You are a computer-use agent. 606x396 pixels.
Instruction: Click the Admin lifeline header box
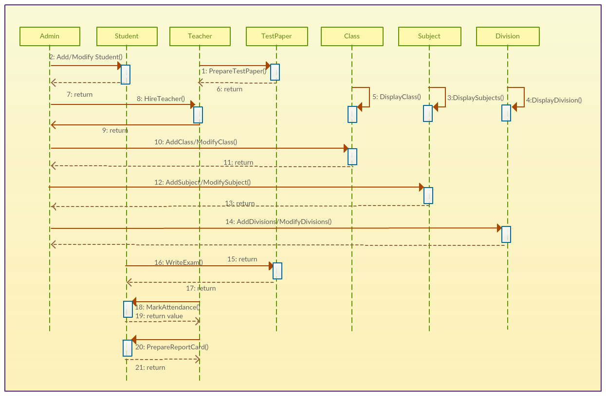50,36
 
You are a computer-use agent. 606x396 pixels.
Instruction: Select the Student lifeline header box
127,36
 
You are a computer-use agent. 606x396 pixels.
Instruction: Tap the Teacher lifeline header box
200,36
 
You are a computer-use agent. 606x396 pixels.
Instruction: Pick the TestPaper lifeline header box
276,36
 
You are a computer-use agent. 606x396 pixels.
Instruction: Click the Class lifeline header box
351,36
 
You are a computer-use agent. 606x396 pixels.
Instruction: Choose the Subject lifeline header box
429,36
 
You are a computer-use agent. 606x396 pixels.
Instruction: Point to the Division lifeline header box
507,36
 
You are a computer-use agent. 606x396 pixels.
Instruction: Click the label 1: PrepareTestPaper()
234,71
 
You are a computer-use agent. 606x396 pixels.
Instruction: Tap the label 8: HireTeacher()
161,99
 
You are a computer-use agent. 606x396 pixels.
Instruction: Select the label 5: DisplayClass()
396,97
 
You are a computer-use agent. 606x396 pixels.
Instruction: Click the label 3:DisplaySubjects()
476,98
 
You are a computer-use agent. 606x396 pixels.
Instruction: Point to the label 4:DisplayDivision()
553,101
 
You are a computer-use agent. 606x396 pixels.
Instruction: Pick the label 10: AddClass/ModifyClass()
196,142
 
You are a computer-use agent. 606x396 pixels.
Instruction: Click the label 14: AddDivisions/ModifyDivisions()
278,222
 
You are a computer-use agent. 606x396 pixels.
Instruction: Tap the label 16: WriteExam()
179,262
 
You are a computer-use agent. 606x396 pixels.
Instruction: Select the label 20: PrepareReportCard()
172,347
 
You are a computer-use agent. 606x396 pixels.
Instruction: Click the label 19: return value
159,316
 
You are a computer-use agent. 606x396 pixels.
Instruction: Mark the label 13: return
239,203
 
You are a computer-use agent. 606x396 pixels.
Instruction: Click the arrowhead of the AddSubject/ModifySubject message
421,187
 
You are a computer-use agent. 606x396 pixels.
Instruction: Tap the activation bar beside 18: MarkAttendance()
128,310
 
